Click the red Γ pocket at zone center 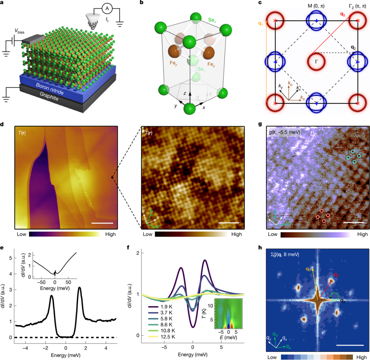(x=317, y=61)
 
